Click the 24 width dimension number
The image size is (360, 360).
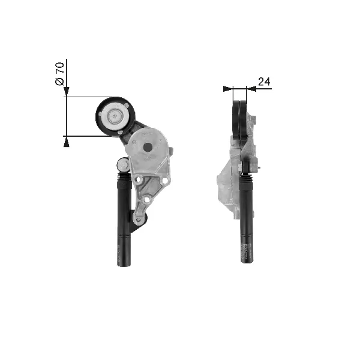click(264, 81)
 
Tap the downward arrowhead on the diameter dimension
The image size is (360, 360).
click(66, 92)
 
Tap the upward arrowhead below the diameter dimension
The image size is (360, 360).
click(66, 141)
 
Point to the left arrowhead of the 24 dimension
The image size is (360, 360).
click(227, 89)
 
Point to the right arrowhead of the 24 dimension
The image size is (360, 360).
click(251, 89)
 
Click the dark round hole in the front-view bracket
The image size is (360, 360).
click(148, 146)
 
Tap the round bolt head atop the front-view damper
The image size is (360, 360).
click(123, 164)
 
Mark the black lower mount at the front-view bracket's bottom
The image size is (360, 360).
click(140, 218)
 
